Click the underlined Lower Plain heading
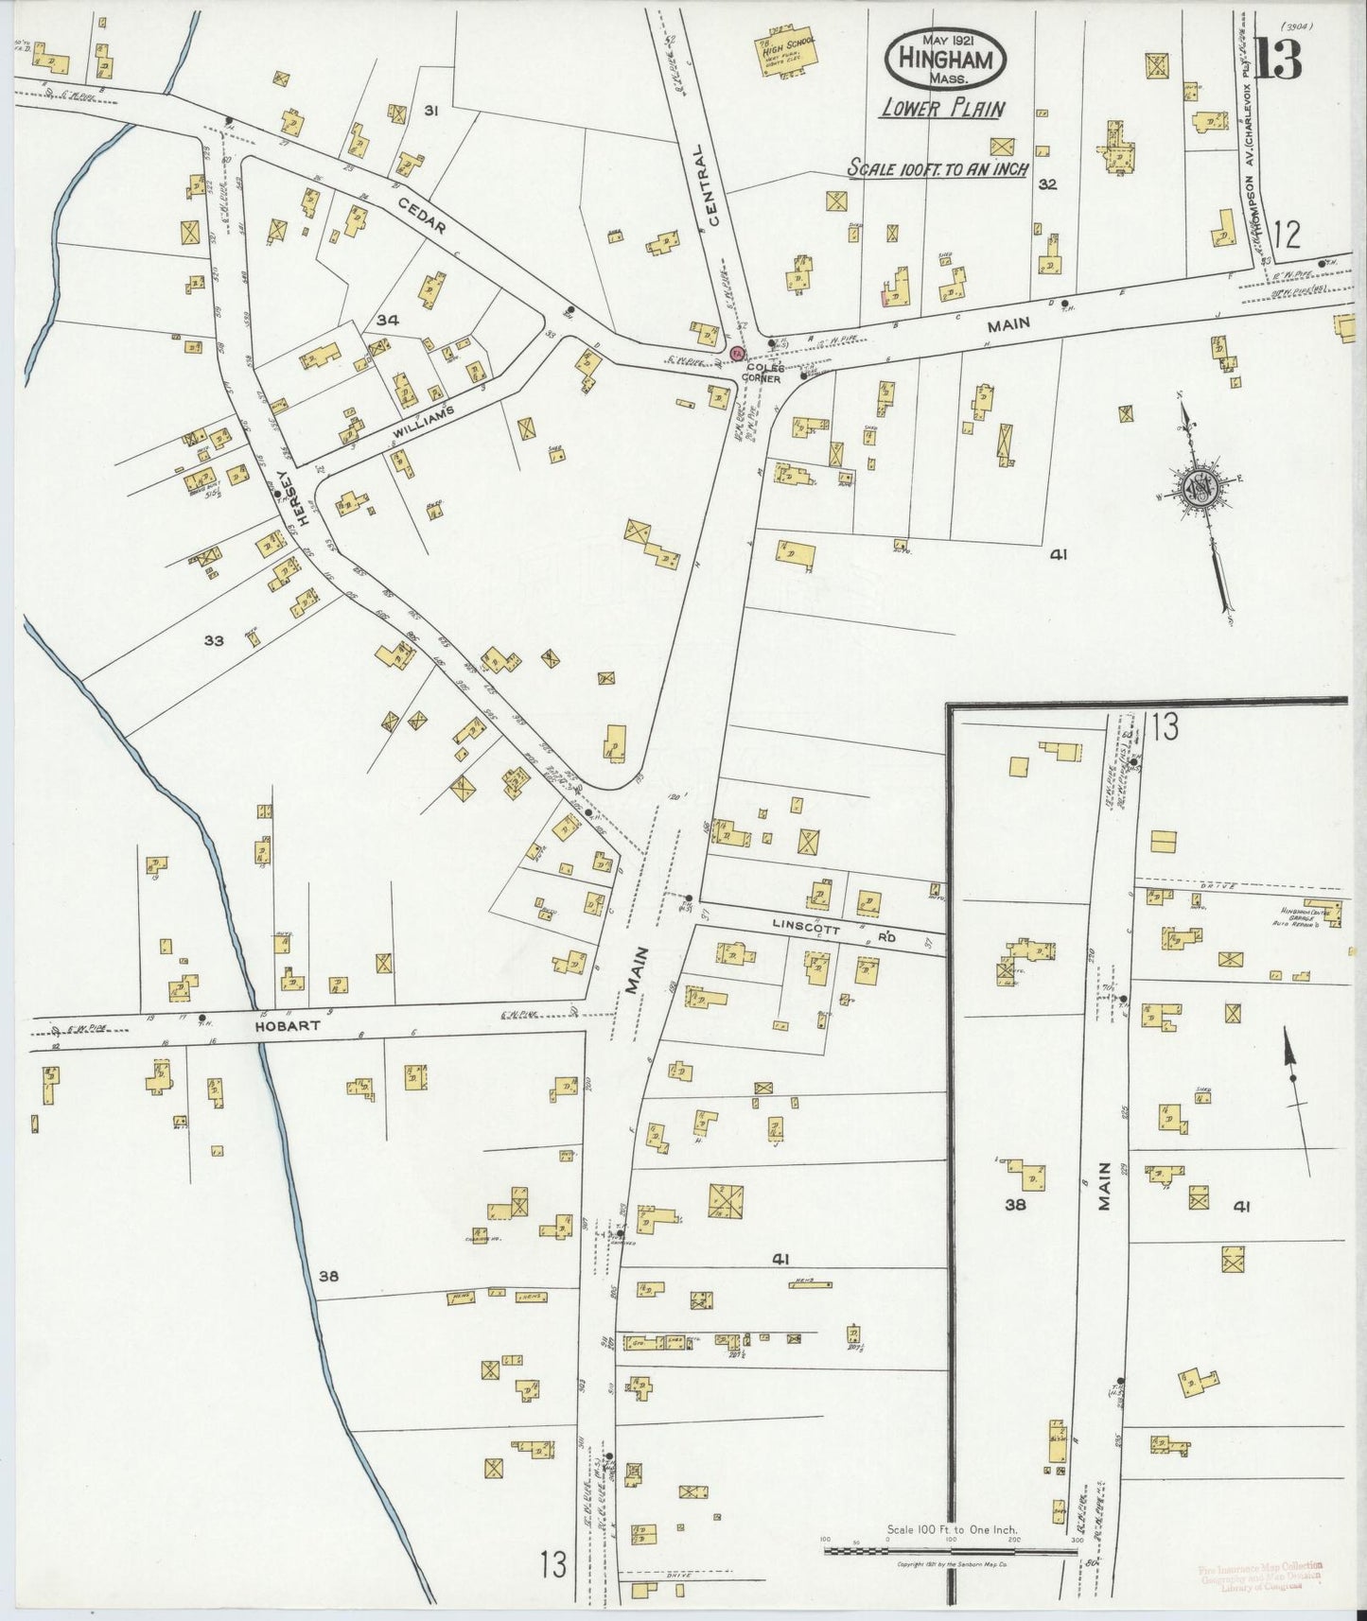point(941,109)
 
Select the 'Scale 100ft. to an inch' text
point(937,168)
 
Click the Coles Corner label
point(762,373)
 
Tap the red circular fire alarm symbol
point(737,353)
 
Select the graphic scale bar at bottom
point(951,1549)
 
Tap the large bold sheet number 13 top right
point(1278,59)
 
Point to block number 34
point(387,321)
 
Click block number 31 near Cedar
point(430,112)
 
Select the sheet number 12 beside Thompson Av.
point(1287,233)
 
